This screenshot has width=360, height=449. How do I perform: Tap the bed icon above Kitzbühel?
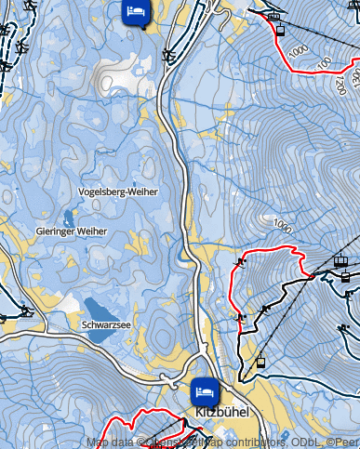click(206, 390)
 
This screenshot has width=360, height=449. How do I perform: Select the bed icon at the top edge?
click(136, 12)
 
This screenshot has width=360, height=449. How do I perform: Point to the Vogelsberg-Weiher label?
click(119, 191)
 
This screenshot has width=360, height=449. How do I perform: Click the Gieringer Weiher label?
click(72, 231)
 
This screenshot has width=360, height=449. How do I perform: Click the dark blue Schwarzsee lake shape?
click(97, 309)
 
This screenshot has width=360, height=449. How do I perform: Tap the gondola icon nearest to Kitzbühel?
click(260, 361)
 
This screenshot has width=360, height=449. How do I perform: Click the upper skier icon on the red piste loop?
click(241, 262)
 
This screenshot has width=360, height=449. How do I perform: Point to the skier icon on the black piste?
click(266, 308)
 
